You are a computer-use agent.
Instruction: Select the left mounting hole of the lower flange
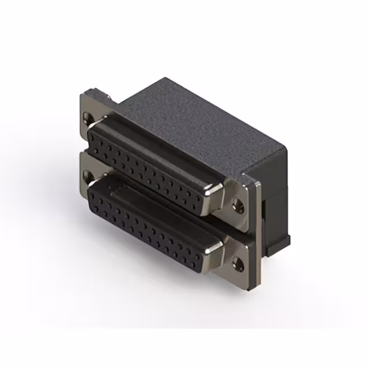[x=88, y=175]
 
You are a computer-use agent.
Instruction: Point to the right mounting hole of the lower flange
[x=236, y=265]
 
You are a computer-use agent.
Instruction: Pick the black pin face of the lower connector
[x=150, y=225]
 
